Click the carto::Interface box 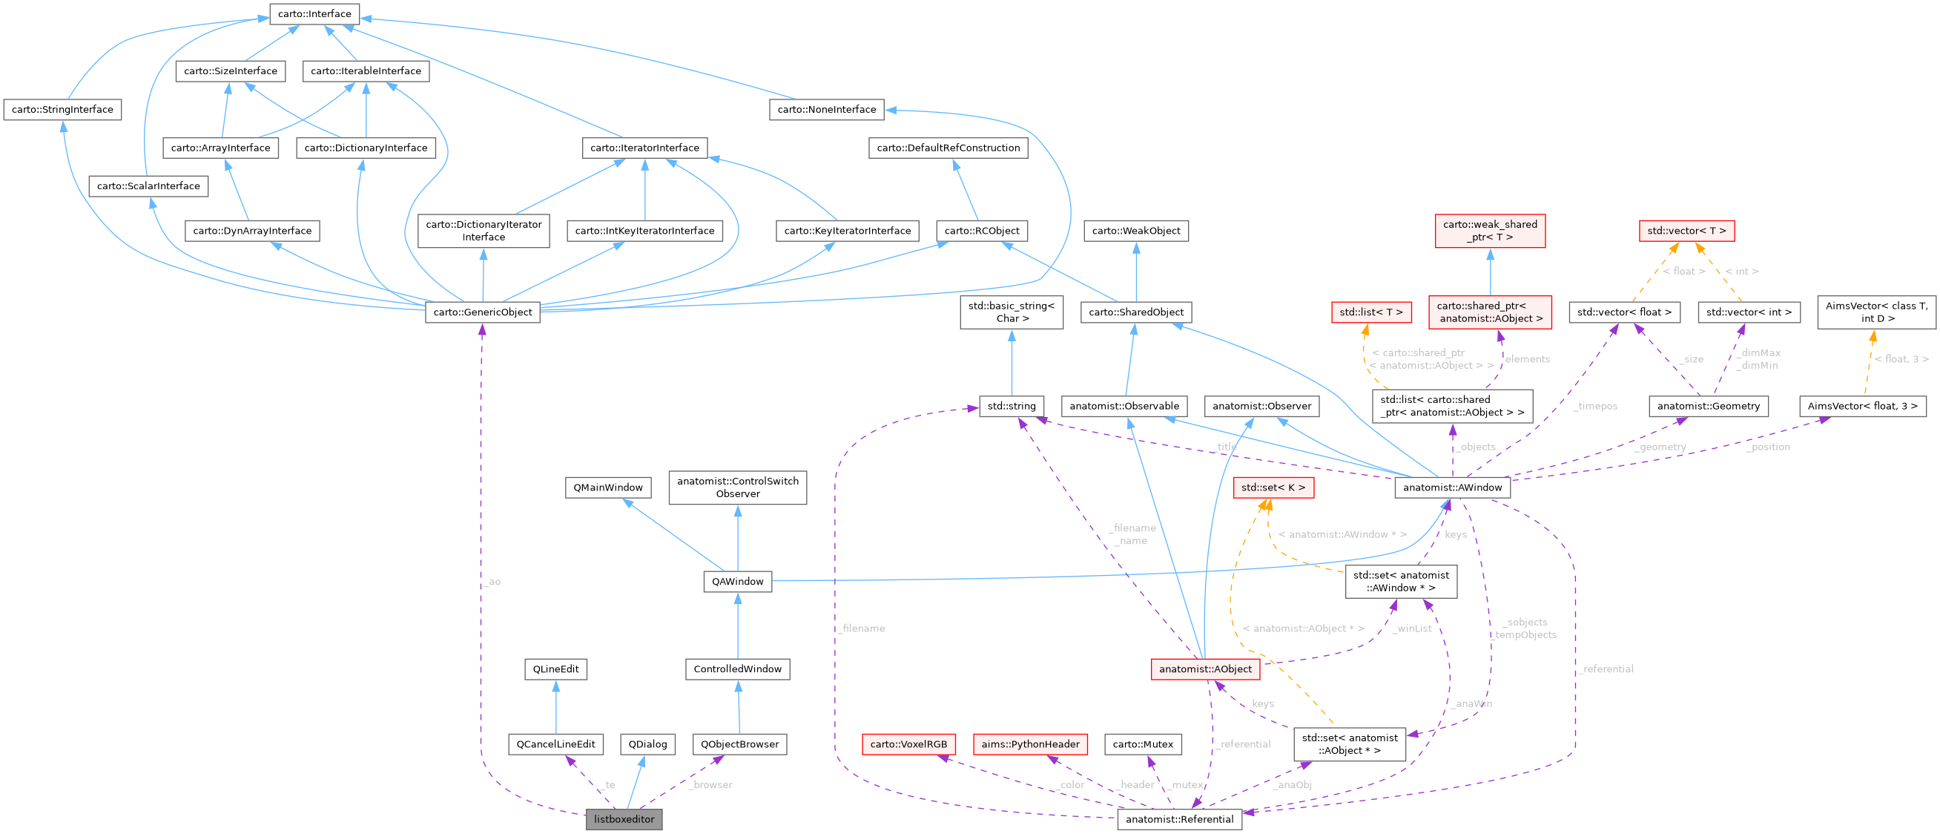tap(314, 13)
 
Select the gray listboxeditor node tap(624, 819)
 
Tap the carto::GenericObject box tap(482, 312)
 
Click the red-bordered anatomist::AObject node tap(1205, 669)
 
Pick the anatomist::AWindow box tap(1452, 487)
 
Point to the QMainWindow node tap(608, 487)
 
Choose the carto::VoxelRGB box tap(908, 743)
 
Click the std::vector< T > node tap(1686, 231)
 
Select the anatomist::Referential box tap(1178, 819)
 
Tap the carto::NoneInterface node tap(826, 109)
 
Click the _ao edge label tap(492, 582)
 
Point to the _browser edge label tap(710, 785)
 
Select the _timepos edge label tap(1595, 406)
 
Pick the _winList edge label tap(1411, 628)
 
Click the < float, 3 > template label tap(1901, 359)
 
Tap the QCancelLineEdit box tap(555, 743)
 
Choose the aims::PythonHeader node tap(1029, 743)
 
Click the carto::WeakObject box tap(1135, 231)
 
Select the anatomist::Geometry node tap(1708, 406)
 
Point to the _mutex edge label tap(1185, 785)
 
